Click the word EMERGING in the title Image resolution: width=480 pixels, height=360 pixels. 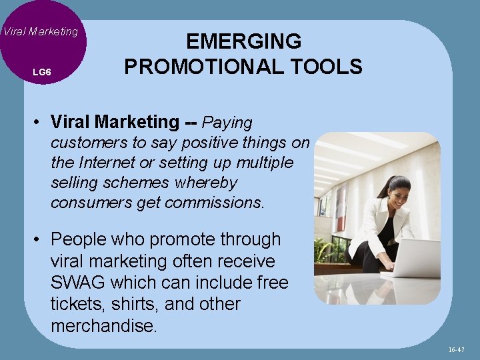(x=243, y=41)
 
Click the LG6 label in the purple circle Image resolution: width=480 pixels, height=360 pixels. (x=41, y=71)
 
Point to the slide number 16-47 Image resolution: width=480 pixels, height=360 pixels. (x=457, y=349)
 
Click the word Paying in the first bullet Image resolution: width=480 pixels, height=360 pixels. (x=227, y=123)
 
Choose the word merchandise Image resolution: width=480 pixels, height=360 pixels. (x=103, y=325)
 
